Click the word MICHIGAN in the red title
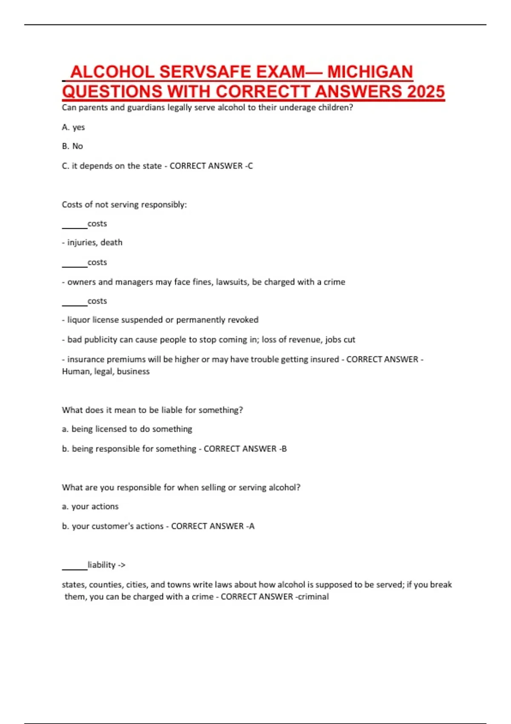tap(370, 72)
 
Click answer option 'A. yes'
tap(73, 127)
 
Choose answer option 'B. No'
tap(72, 146)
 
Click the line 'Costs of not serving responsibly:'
tap(124, 204)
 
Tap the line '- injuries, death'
tap(92, 242)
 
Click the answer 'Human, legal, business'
tap(106, 371)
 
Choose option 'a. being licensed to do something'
tap(127, 429)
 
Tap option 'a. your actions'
tap(90, 506)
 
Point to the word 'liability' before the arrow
tap(101, 565)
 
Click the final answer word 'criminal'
tap(313, 597)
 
